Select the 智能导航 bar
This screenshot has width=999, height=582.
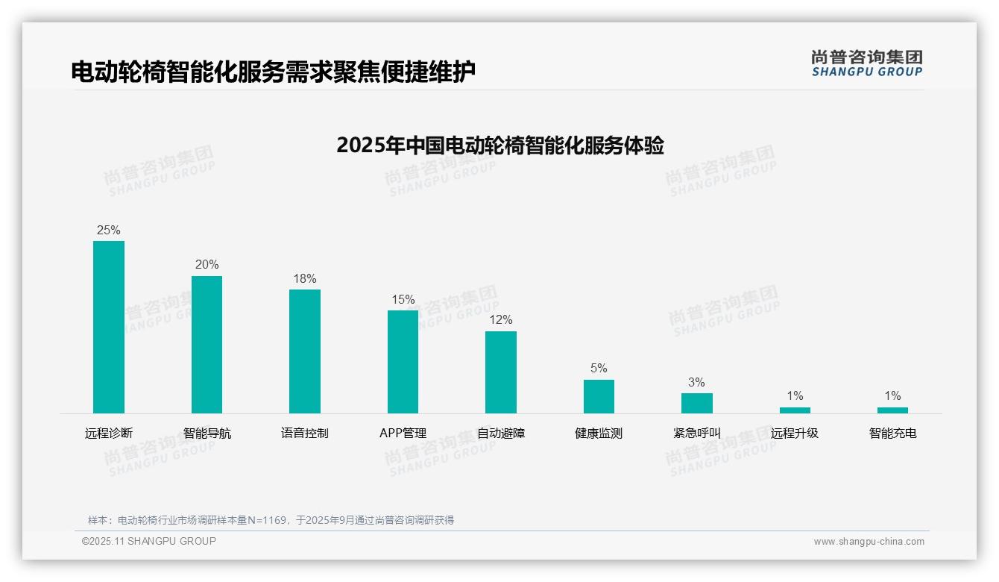pyautogui.click(x=207, y=345)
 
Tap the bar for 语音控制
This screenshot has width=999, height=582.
pyautogui.click(x=305, y=351)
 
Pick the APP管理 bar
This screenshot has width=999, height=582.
pyautogui.click(x=403, y=362)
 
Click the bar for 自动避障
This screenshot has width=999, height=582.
pyautogui.click(x=501, y=372)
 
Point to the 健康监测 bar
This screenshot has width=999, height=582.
pyautogui.click(x=599, y=396)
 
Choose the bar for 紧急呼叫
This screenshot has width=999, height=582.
pyautogui.click(x=696, y=403)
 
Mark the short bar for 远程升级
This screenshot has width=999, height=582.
pyautogui.click(x=795, y=410)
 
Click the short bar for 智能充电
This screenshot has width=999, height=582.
pyautogui.click(x=892, y=410)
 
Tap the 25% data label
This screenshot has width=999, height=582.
pyautogui.click(x=109, y=230)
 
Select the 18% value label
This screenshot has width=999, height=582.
pyautogui.click(x=305, y=278)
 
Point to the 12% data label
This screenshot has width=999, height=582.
pyautogui.click(x=501, y=319)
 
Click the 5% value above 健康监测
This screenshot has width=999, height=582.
pyautogui.click(x=599, y=368)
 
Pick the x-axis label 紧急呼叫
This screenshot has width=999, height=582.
pyautogui.click(x=696, y=433)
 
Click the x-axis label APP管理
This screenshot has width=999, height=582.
pyautogui.click(x=403, y=433)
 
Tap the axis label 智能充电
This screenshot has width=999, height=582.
pyautogui.click(x=892, y=433)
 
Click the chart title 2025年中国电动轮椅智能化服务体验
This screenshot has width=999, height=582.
pyautogui.click(x=499, y=145)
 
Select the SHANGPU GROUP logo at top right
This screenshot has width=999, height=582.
pyautogui.click(x=866, y=63)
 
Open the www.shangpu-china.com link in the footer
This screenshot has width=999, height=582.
pyautogui.click(x=869, y=542)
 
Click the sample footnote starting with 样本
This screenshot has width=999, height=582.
pyautogui.click(x=271, y=520)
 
